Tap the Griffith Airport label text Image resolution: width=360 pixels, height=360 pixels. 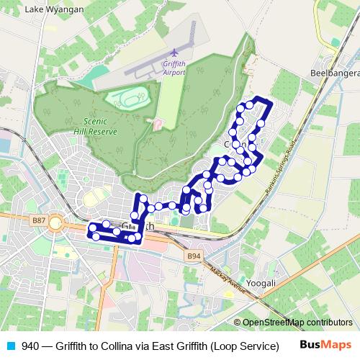tap(175, 68)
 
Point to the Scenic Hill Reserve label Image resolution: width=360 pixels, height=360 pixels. tap(95, 127)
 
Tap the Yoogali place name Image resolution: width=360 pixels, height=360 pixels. tap(261, 283)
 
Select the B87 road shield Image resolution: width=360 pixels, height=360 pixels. tap(39, 221)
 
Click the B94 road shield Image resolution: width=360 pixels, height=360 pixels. tap(194, 256)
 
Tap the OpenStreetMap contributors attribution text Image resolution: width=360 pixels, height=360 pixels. tap(297, 323)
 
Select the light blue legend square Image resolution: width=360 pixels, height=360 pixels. tap(11, 346)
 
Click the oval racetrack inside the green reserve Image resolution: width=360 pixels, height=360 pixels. tap(128, 99)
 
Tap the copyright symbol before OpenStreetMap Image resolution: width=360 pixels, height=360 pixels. tap(238, 323)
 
